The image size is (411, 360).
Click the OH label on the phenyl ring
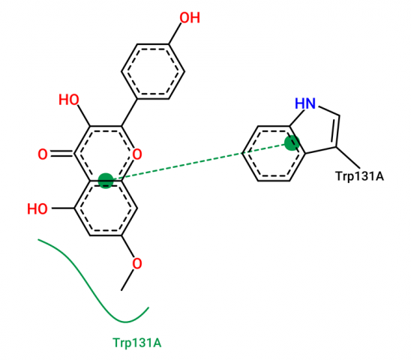click(190, 18)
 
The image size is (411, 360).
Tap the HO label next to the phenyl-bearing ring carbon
click(69, 100)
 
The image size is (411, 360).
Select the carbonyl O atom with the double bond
click(43, 154)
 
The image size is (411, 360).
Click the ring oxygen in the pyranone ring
click(137, 154)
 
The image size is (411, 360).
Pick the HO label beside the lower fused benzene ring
click(37, 209)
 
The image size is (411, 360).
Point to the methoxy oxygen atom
click(137, 263)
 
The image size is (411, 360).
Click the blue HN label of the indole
click(305, 103)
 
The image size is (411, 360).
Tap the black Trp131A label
click(360, 176)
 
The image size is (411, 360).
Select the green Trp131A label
click(137, 343)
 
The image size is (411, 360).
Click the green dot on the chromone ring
click(106, 181)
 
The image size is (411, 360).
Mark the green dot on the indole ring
click(292, 143)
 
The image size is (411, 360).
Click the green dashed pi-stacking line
click(199, 162)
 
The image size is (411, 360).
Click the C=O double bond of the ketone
click(61, 154)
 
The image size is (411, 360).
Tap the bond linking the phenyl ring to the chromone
click(129, 112)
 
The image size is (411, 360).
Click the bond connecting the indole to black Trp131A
click(348, 157)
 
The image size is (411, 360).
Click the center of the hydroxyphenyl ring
click(153, 71)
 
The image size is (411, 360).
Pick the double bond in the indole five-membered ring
click(336, 131)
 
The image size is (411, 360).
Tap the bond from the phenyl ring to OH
click(175, 33)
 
